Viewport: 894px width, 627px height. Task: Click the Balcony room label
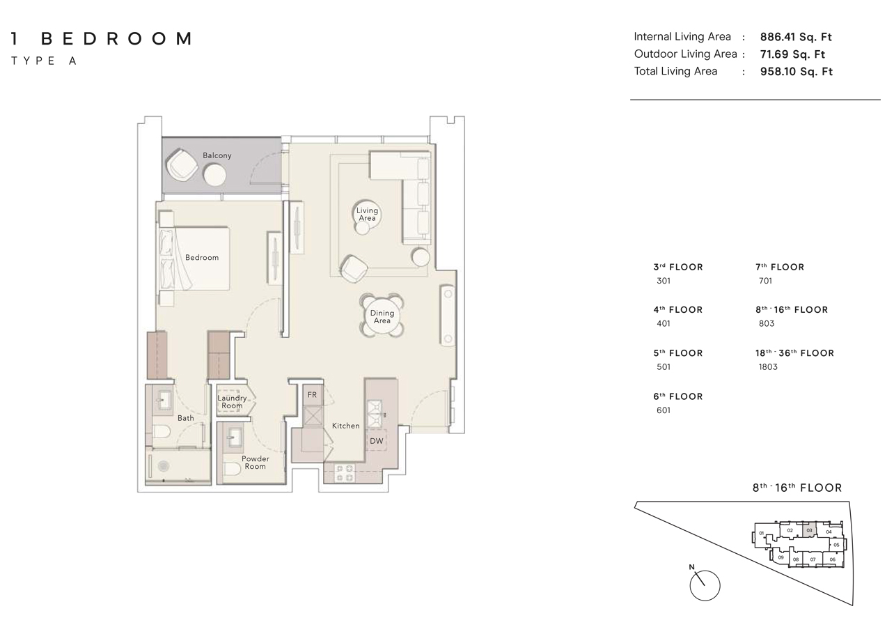(x=217, y=155)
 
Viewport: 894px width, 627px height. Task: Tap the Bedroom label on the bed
(x=202, y=257)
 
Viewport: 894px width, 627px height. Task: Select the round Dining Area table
(x=382, y=316)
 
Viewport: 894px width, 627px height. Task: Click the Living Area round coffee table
(x=367, y=214)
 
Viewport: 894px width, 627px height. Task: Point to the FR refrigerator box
(x=312, y=394)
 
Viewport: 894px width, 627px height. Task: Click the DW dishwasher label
(x=376, y=441)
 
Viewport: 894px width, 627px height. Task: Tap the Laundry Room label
(x=232, y=402)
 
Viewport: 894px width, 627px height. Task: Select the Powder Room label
(x=255, y=463)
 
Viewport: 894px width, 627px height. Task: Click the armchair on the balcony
(x=182, y=166)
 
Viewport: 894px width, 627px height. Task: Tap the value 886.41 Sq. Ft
(x=796, y=37)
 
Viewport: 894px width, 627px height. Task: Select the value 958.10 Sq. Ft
(x=796, y=71)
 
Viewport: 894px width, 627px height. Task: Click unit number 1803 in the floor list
(x=767, y=367)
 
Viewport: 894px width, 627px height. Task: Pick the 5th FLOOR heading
(x=677, y=353)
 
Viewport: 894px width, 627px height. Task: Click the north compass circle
(x=705, y=586)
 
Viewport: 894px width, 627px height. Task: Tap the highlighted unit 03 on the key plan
(x=809, y=531)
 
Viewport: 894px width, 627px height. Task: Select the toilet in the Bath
(x=160, y=432)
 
